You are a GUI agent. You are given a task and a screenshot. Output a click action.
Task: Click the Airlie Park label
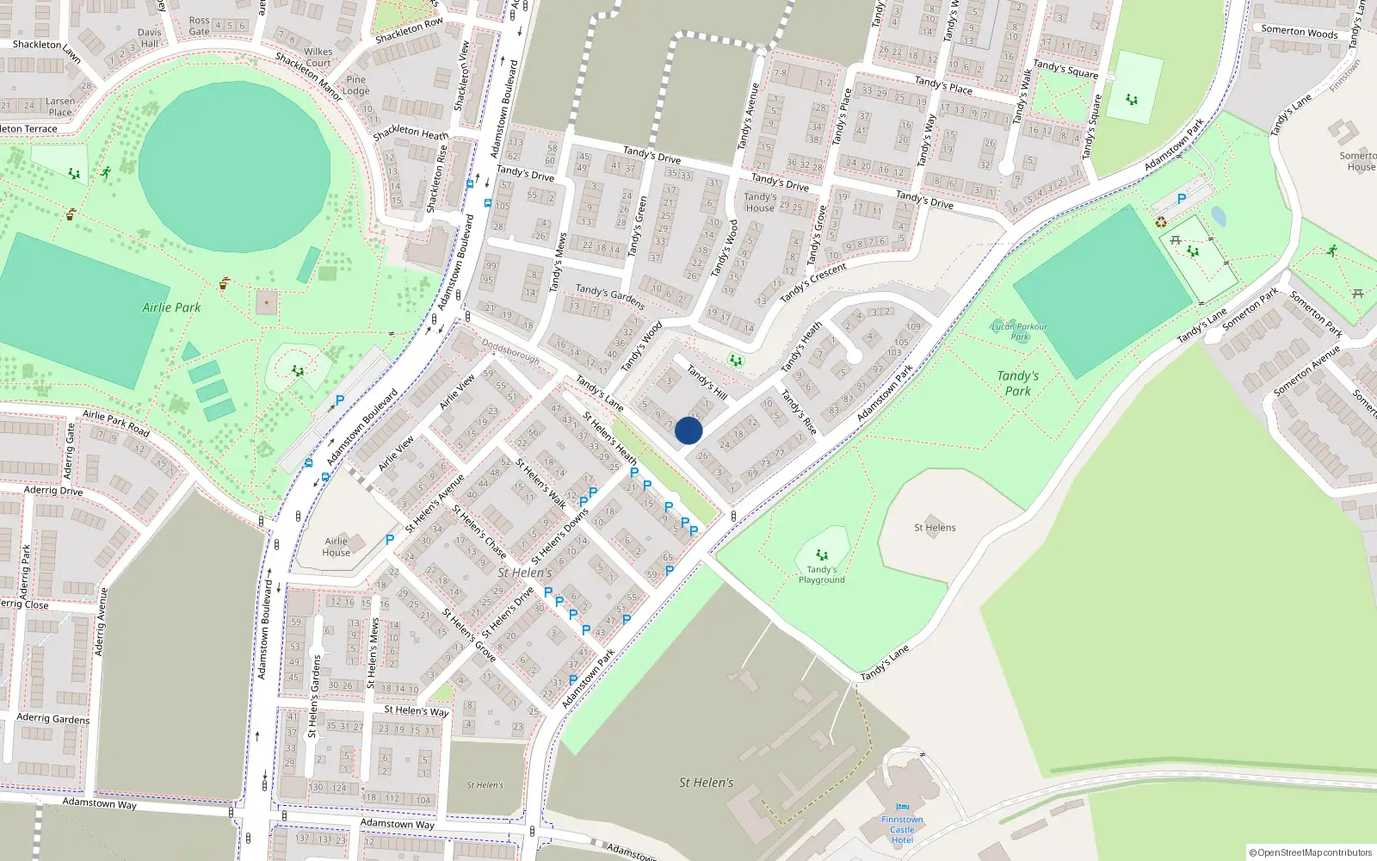pos(171,307)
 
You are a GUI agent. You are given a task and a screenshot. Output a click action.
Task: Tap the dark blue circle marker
pos(688,430)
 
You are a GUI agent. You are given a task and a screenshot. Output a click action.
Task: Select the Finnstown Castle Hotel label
pos(902,830)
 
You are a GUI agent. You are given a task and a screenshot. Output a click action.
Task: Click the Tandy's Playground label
pos(822,574)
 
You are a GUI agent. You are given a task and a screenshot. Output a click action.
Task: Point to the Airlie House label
pos(337,547)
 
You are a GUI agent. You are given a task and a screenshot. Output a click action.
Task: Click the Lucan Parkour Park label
pos(1019,331)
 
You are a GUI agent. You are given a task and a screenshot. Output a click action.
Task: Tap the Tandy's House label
pos(760,202)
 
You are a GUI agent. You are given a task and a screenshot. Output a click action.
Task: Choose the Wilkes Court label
pos(318,57)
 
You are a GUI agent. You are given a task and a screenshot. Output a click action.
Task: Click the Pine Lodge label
pos(355,85)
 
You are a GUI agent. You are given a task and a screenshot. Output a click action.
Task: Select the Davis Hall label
pos(150,38)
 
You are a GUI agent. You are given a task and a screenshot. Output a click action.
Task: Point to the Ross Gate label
pos(199,26)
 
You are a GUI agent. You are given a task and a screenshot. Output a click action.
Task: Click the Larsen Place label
pos(60,107)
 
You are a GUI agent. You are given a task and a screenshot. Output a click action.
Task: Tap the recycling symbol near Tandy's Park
pos(1161,222)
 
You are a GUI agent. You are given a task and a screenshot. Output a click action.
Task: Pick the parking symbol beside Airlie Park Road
pos(340,400)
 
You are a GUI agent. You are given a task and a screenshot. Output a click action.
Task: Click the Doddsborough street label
pos(510,351)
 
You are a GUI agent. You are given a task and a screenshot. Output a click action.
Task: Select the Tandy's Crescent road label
pos(813,282)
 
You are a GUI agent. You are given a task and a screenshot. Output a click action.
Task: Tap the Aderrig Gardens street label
pos(52,718)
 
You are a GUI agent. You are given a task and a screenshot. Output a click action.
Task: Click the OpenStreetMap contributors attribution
pos(1311,852)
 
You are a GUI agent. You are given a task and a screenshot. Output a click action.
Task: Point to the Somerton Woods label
pos(1299,32)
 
